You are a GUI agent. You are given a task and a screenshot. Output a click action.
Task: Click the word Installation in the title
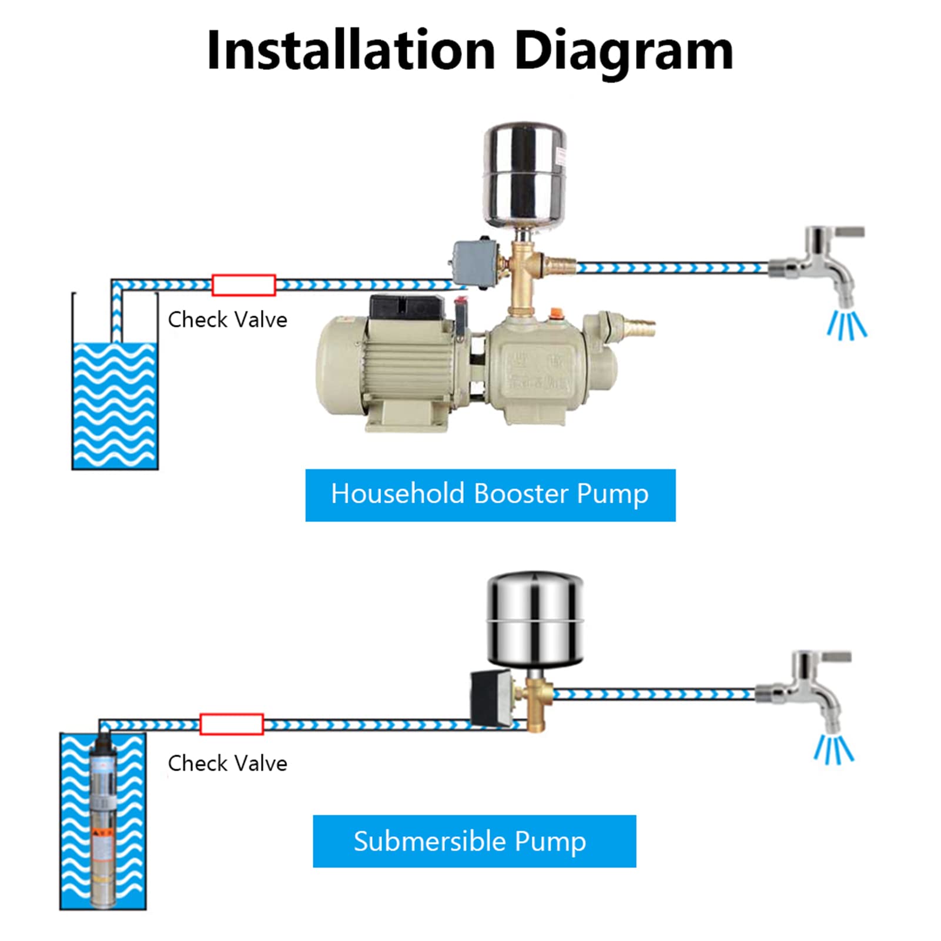coord(351,51)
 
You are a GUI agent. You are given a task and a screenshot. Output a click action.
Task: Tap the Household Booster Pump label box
coord(490,495)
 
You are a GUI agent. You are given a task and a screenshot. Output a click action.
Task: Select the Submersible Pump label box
coord(474,841)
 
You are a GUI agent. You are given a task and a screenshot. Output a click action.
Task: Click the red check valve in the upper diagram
coord(243,285)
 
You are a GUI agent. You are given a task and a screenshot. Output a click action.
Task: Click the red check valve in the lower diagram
coord(231,724)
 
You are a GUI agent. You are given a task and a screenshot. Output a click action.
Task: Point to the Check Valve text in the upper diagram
coord(227,320)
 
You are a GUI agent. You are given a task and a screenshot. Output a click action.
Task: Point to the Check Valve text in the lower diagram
coord(227,763)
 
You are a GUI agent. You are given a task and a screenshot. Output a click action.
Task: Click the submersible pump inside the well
coord(104,823)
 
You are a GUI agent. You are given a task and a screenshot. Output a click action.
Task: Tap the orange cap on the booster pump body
coord(554,314)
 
